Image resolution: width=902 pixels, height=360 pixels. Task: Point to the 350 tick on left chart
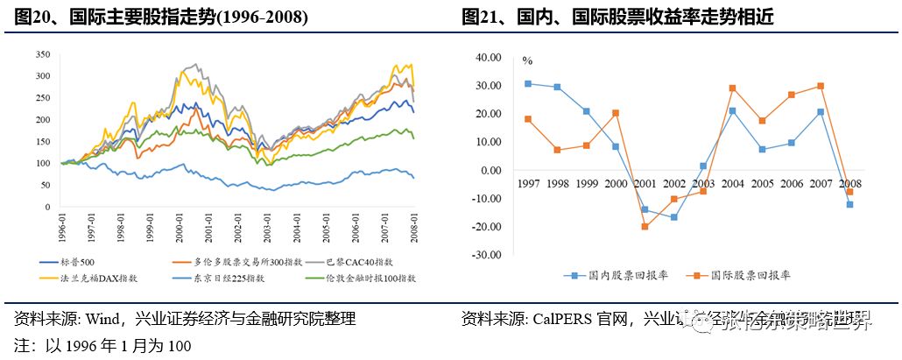point(42,53)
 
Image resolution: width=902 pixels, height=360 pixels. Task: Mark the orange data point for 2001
point(645,227)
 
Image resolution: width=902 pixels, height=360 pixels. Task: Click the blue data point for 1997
point(527,83)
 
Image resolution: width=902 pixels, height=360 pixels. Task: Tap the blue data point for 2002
point(674,216)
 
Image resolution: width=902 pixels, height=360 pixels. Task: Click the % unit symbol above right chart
point(527,60)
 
